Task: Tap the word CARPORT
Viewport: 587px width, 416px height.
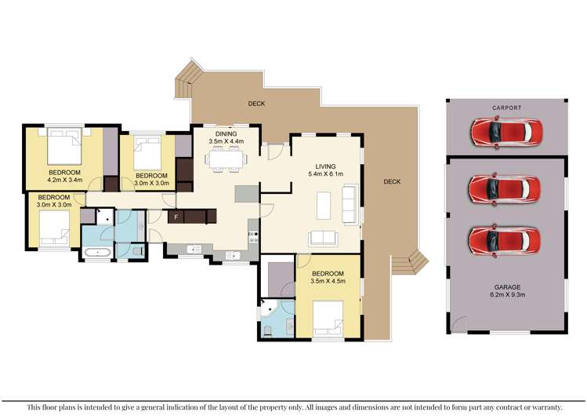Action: [506, 108]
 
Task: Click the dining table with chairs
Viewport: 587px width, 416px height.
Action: [226, 160]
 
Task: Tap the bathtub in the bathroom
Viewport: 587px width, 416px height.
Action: [98, 253]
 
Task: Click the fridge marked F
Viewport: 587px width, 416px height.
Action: [176, 216]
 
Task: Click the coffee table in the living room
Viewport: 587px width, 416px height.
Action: [324, 206]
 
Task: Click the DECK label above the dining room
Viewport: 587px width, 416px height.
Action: [256, 103]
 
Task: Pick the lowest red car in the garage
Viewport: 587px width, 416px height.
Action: [505, 239]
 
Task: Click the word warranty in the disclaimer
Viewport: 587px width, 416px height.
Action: [542, 407]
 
